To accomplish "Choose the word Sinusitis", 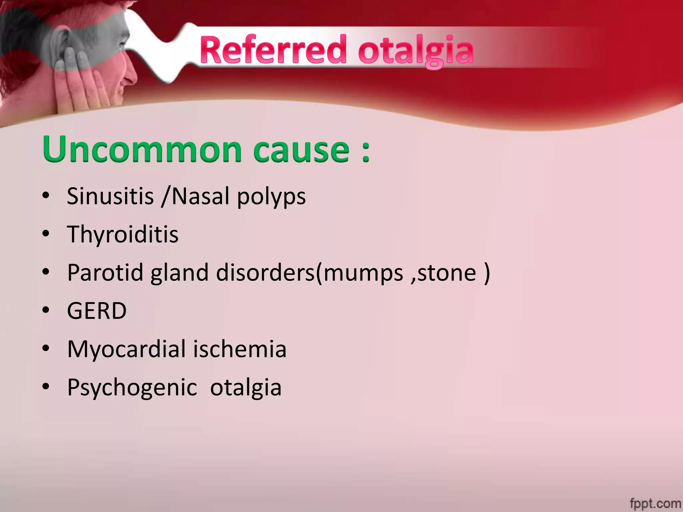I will click(x=110, y=196).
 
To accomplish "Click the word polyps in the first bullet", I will click(x=271, y=197).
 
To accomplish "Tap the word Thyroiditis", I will click(x=123, y=234).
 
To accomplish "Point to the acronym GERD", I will click(x=97, y=311).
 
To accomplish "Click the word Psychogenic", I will click(x=132, y=388).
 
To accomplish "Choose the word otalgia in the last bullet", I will click(x=246, y=388).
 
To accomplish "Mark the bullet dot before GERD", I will click(x=46, y=310).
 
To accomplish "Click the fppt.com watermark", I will click(x=655, y=503).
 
